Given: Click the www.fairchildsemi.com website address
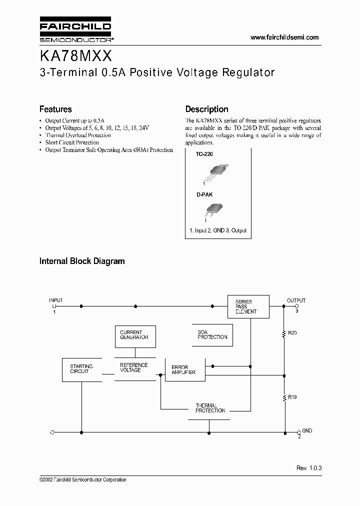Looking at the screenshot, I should (x=284, y=37).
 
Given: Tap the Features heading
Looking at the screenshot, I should (x=55, y=109).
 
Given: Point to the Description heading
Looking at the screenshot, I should (x=206, y=109).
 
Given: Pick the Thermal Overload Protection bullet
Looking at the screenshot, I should (x=78, y=135).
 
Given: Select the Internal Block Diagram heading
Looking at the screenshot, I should (x=82, y=261).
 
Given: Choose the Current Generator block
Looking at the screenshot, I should (x=134, y=334).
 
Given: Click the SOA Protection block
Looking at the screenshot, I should (x=212, y=334).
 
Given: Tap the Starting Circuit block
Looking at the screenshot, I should (x=81, y=369).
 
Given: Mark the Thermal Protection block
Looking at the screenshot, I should (x=210, y=408).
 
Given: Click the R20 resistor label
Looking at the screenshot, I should (x=292, y=332).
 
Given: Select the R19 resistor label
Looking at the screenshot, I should (x=292, y=397).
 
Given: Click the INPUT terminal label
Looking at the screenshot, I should (x=55, y=300).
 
